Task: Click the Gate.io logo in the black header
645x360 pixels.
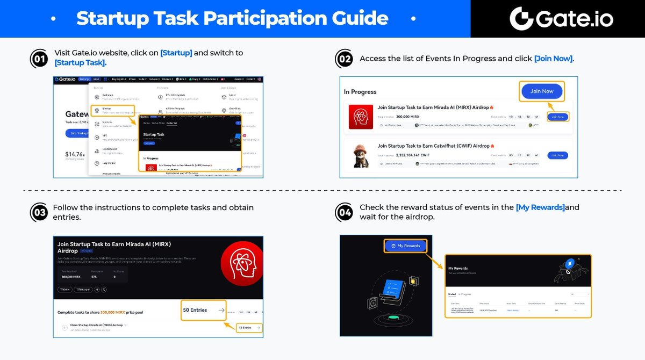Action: (561, 19)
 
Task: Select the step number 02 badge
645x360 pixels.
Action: (344, 59)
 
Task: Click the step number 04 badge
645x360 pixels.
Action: (344, 213)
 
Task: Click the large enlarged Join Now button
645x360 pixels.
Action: (541, 91)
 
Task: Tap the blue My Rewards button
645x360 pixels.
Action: (406, 246)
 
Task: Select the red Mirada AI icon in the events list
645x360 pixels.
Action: (361, 117)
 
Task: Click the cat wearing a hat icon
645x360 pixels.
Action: (361, 155)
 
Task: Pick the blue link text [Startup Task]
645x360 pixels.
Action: (80, 63)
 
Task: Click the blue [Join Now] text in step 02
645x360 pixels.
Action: (554, 58)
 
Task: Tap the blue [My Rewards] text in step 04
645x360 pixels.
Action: (540, 207)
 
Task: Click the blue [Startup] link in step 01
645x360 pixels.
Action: (176, 53)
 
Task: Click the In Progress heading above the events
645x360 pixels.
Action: (360, 92)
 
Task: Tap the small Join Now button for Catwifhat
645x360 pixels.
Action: (557, 155)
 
